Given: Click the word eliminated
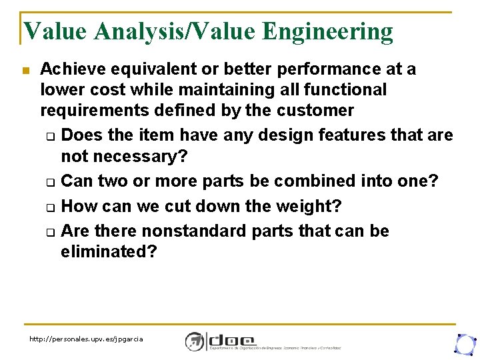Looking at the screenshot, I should tap(107, 251).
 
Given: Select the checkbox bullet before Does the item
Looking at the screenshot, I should tap(50, 137).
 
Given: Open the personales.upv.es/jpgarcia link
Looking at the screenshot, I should tap(86, 339).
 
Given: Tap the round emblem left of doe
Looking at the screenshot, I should tap(194, 341).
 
